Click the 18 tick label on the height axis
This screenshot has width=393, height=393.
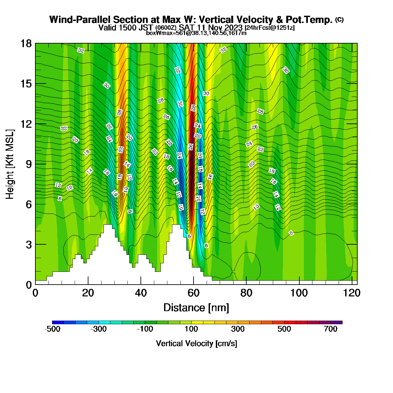pyautogui.click(x=26, y=44)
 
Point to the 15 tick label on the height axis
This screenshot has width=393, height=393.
pyautogui.click(x=26, y=84)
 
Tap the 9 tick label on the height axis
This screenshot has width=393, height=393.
pyautogui.click(x=29, y=164)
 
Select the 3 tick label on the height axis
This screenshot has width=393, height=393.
pyautogui.click(x=29, y=245)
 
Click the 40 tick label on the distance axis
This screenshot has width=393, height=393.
pyautogui.click(x=141, y=293)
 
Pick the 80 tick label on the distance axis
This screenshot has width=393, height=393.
pyautogui.click(x=246, y=293)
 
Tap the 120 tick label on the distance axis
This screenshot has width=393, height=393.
pyautogui.click(x=352, y=293)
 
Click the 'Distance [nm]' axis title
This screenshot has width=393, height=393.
pyautogui.click(x=196, y=308)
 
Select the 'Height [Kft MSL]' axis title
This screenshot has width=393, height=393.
pyautogui.click(x=9, y=164)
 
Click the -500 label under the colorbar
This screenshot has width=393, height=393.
pyautogui.click(x=52, y=329)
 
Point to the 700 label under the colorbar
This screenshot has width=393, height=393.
pyautogui.click(x=330, y=329)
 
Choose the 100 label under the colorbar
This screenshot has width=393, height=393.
pyautogui.click(x=191, y=329)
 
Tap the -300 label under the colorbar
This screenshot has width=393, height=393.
pyautogui.click(x=99, y=329)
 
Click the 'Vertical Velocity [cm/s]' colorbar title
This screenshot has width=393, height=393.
pyautogui.click(x=196, y=344)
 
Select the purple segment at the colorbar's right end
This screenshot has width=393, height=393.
pyautogui.click(x=337, y=323)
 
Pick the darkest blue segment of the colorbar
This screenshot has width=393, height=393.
pyautogui.click(x=58, y=323)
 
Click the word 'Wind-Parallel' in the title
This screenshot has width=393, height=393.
pyautogui.click(x=80, y=20)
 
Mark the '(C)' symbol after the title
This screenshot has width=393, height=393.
pyautogui.click(x=339, y=20)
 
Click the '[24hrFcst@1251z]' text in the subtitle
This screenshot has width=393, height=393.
pyautogui.click(x=270, y=28)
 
